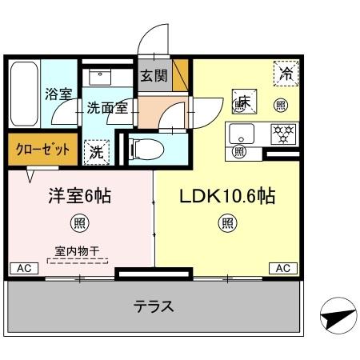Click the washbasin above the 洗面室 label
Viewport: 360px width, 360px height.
pyautogui.click(x=102, y=77)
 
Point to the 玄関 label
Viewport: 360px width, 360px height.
pyautogui.click(x=154, y=77)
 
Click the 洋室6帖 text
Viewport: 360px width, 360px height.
pyautogui.click(x=78, y=195)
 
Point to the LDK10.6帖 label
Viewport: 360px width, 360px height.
pyautogui.click(x=227, y=195)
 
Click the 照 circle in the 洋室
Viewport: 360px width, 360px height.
pyautogui.click(x=78, y=222)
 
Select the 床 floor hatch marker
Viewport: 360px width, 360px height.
pyautogui.click(x=243, y=102)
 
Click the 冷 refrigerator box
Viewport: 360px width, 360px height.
pyautogui.click(x=286, y=73)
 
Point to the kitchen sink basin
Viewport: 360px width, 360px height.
pyautogui.click(x=242, y=132)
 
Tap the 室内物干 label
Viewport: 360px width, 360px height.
pyautogui.click(x=78, y=250)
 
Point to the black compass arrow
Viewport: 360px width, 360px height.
pyautogui.click(x=336, y=319)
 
